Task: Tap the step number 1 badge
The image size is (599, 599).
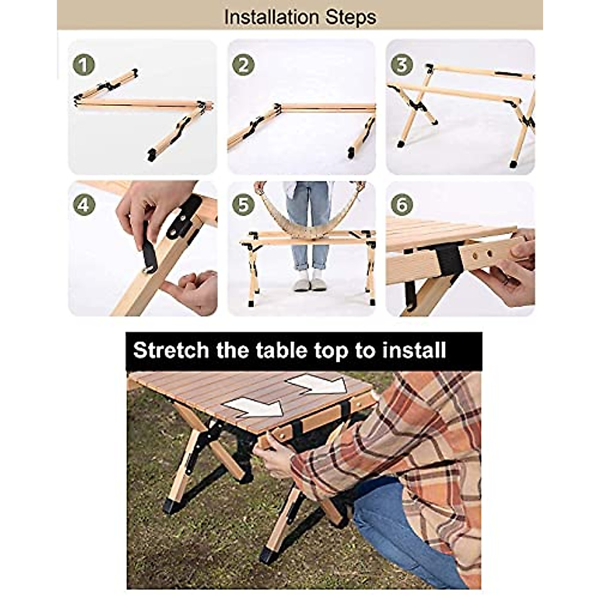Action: tap(83, 65)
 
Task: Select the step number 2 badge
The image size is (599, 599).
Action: tap(243, 65)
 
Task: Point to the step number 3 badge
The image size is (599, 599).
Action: tap(401, 65)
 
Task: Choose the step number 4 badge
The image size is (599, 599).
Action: tap(83, 205)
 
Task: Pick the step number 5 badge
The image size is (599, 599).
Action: tap(243, 205)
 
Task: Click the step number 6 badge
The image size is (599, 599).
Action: tap(401, 205)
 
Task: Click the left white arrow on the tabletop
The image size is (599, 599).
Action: tap(252, 407)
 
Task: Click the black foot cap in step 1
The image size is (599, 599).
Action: tap(152, 155)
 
